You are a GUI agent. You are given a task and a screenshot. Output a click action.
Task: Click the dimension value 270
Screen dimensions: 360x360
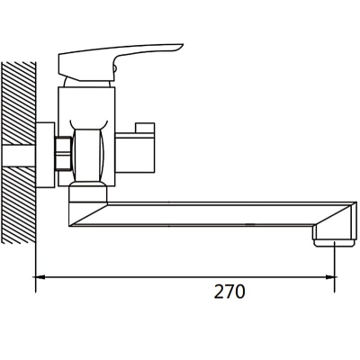229,292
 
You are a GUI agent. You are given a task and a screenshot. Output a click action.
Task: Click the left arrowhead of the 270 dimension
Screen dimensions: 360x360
40,277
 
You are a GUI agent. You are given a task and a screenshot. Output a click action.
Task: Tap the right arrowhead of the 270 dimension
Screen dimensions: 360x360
330,277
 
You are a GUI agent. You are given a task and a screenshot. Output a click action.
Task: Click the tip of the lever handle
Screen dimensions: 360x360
183,45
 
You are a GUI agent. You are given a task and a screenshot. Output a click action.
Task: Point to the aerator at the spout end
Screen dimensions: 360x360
335,242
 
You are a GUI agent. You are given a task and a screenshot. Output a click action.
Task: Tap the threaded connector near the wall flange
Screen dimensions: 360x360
64,154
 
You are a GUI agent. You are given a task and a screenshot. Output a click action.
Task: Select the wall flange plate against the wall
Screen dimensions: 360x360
45,155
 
